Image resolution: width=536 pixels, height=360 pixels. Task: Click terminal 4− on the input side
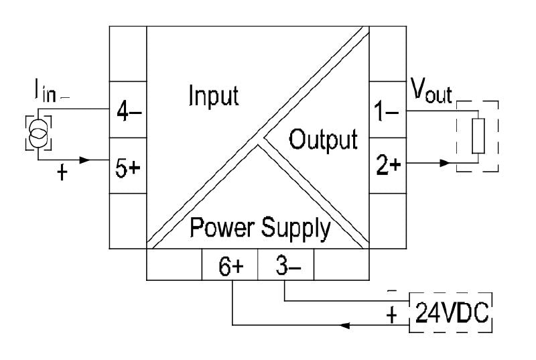click(127, 111)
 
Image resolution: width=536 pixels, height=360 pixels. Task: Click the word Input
click(212, 96)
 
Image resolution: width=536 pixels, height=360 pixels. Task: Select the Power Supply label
click(260, 229)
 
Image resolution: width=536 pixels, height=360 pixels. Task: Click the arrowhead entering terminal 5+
click(84, 161)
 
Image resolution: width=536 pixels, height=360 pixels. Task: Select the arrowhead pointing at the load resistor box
click(444, 162)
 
